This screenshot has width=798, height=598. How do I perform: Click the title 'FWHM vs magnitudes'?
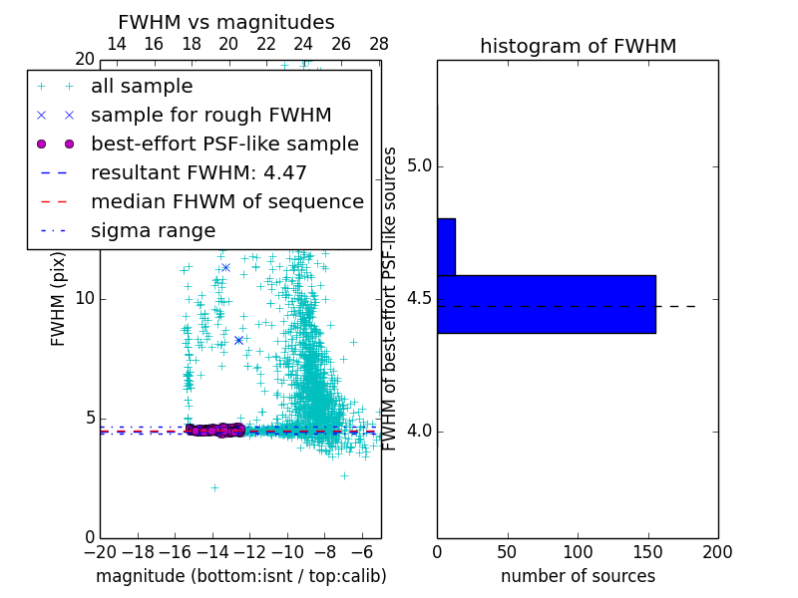point(226,22)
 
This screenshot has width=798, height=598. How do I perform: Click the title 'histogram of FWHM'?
point(578,46)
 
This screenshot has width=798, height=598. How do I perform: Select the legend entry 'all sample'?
point(142,87)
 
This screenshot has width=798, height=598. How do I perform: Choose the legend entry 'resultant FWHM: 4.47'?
point(199,172)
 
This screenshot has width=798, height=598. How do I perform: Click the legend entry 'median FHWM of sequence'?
point(226,201)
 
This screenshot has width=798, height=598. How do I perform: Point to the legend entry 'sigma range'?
point(153,230)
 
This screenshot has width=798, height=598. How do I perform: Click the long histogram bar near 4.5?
point(546,304)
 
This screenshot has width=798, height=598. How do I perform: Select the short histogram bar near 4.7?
point(446,246)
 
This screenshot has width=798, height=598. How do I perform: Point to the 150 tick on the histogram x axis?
point(647,551)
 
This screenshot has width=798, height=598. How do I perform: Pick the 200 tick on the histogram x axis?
point(717,551)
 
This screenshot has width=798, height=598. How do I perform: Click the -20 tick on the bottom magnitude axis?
point(100,551)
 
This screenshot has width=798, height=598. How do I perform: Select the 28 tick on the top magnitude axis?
point(379,44)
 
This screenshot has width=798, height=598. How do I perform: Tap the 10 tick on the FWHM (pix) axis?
point(84,299)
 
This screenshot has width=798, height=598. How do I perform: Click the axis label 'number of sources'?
point(578,576)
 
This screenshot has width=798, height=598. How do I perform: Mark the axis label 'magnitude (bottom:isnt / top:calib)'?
point(240,576)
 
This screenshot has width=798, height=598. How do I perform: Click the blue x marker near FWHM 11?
point(225,267)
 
